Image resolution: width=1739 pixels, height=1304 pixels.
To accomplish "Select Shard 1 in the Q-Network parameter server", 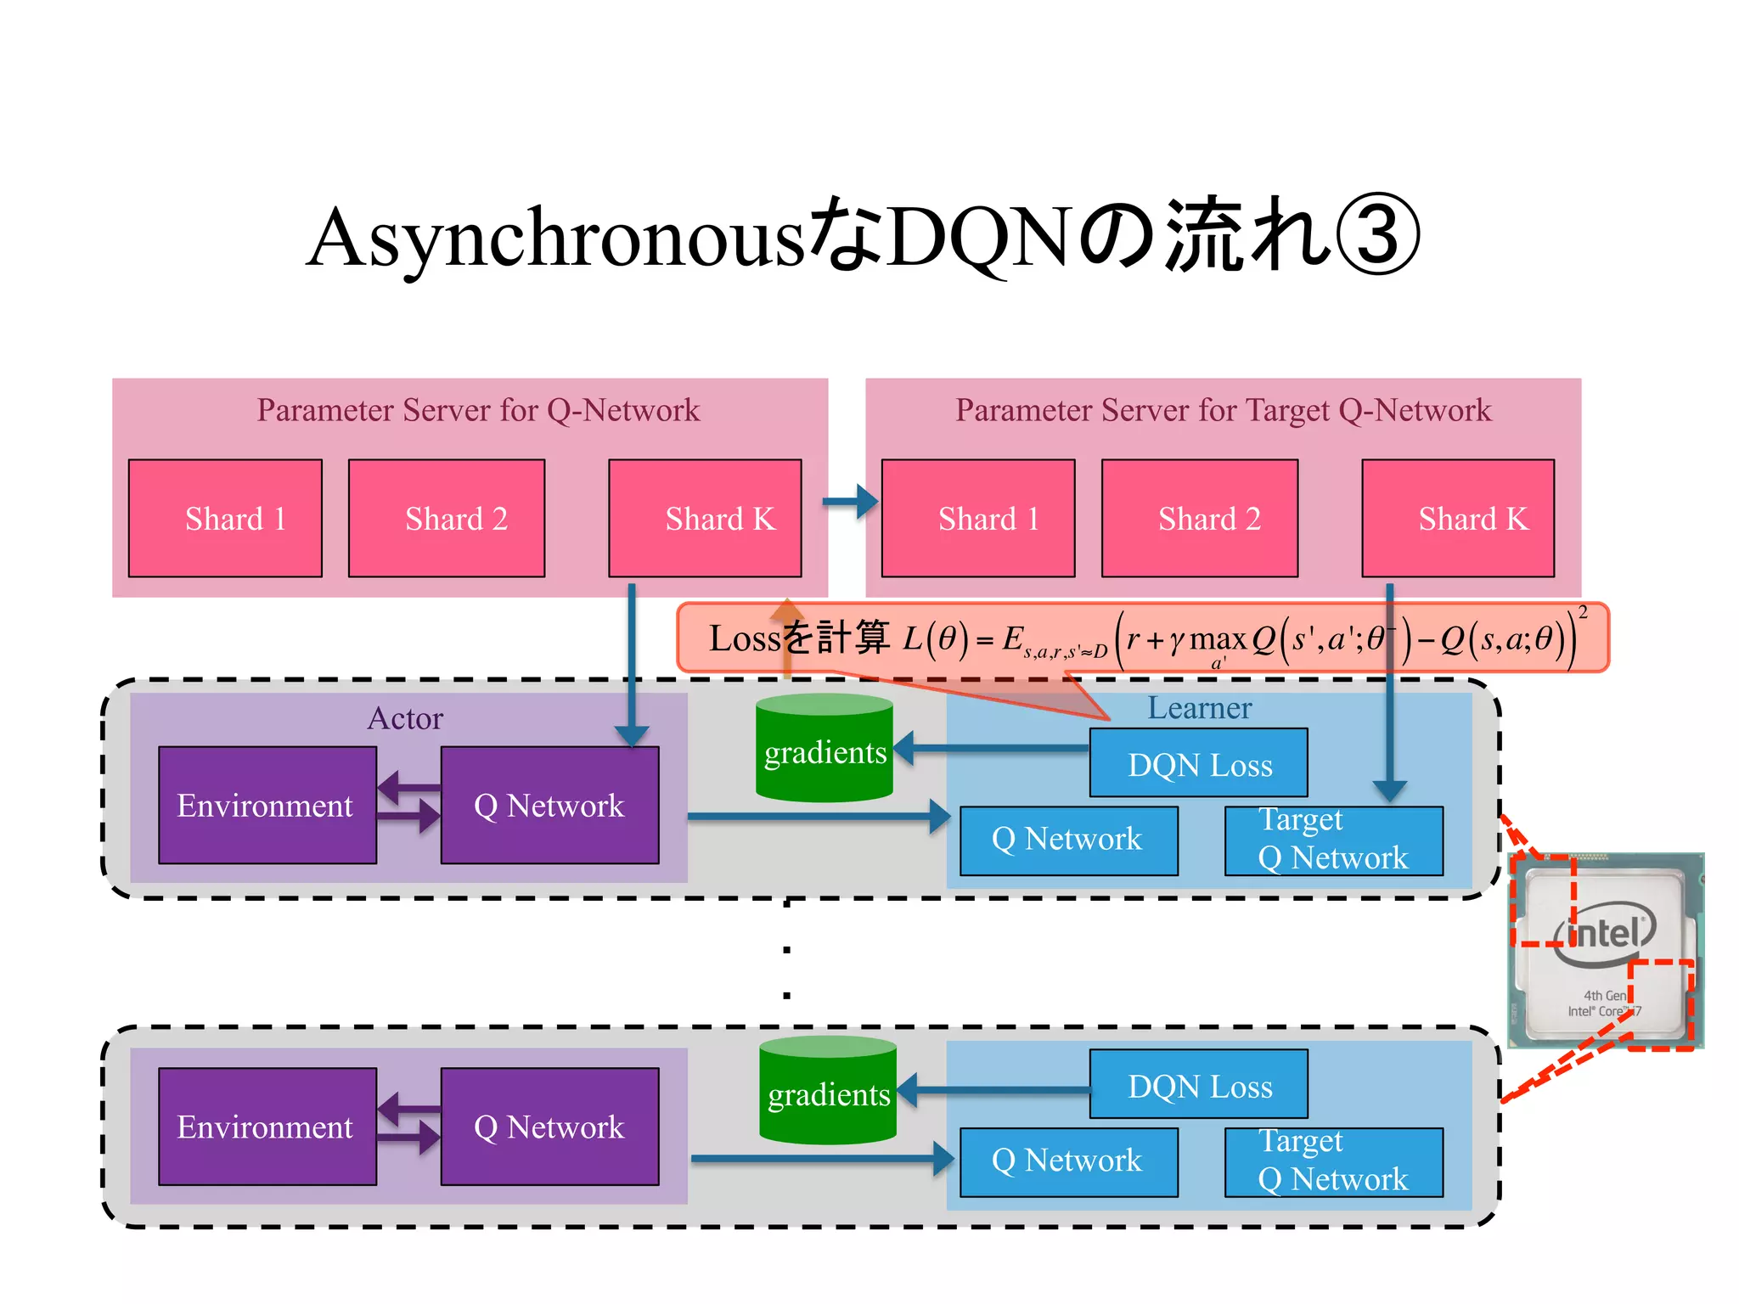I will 225,519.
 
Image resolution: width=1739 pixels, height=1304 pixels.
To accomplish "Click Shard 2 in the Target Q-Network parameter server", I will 1199,519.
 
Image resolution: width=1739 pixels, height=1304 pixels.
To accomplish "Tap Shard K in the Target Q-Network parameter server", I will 1458,519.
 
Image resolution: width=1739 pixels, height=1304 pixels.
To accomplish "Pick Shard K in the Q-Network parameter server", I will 705,519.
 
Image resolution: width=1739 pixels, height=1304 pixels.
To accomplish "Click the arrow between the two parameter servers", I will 850,502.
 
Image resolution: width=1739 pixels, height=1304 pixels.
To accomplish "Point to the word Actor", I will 405,718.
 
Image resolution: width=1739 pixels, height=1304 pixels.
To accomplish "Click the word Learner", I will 1199,708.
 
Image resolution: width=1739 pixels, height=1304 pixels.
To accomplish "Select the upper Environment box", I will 267,805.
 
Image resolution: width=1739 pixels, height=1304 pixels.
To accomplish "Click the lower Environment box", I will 267,1127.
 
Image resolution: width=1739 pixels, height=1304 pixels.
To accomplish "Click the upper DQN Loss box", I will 1198,763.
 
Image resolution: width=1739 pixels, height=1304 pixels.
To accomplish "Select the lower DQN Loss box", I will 1198,1085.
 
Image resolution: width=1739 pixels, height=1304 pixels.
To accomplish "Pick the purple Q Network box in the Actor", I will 549,805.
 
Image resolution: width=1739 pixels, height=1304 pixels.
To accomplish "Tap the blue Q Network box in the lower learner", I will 1068,1161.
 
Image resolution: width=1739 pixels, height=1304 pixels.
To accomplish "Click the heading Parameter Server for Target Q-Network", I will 1223,410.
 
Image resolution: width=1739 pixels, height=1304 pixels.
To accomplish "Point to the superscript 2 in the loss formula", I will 1582,612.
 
